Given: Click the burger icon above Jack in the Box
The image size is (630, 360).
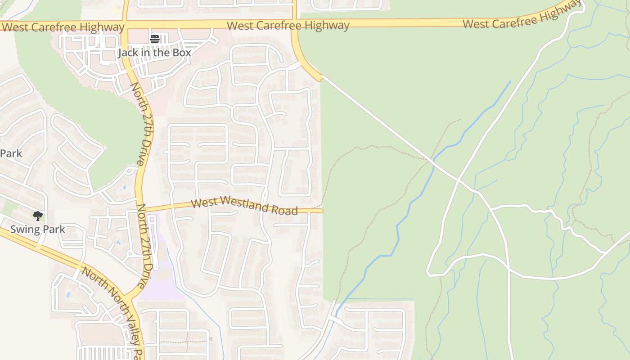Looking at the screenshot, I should [155, 39].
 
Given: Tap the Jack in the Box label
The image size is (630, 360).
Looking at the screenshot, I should [154, 53].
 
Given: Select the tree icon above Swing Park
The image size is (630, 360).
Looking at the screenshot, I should [38, 216].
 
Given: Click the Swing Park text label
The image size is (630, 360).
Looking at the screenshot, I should [37, 229].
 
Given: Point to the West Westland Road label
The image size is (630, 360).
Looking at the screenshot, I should [244, 207].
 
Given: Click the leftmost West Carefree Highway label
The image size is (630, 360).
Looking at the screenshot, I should [63, 27].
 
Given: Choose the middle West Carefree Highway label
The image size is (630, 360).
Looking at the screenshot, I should [288, 25].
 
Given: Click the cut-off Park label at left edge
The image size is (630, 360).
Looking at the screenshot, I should [11, 153].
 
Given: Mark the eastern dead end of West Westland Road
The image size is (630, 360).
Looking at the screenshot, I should [322, 211].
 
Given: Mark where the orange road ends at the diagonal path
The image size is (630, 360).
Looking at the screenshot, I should [321, 79].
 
